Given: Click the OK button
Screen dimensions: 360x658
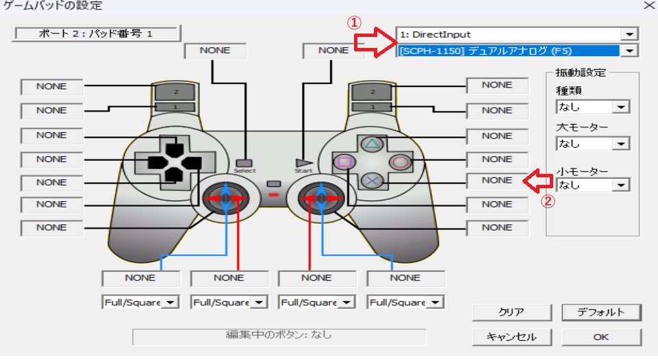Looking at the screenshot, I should tap(600, 337).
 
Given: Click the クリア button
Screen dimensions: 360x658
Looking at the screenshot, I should tap(511, 312).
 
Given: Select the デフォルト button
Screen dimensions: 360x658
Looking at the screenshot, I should tap(600, 312).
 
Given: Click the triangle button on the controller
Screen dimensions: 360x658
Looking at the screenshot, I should tap(371, 144).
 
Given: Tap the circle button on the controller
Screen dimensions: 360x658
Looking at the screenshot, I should tap(399, 162).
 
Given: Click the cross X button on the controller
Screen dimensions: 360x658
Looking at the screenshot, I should tap(371, 181).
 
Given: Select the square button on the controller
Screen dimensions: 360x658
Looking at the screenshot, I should tap(344, 162).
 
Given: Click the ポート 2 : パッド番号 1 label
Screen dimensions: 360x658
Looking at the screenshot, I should tap(96, 33).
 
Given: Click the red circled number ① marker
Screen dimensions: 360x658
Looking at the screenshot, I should tap(354, 22).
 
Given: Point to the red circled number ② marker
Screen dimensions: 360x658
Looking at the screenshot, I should tap(546, 201).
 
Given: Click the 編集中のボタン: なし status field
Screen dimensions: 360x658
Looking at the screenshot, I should tap(279, 336).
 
